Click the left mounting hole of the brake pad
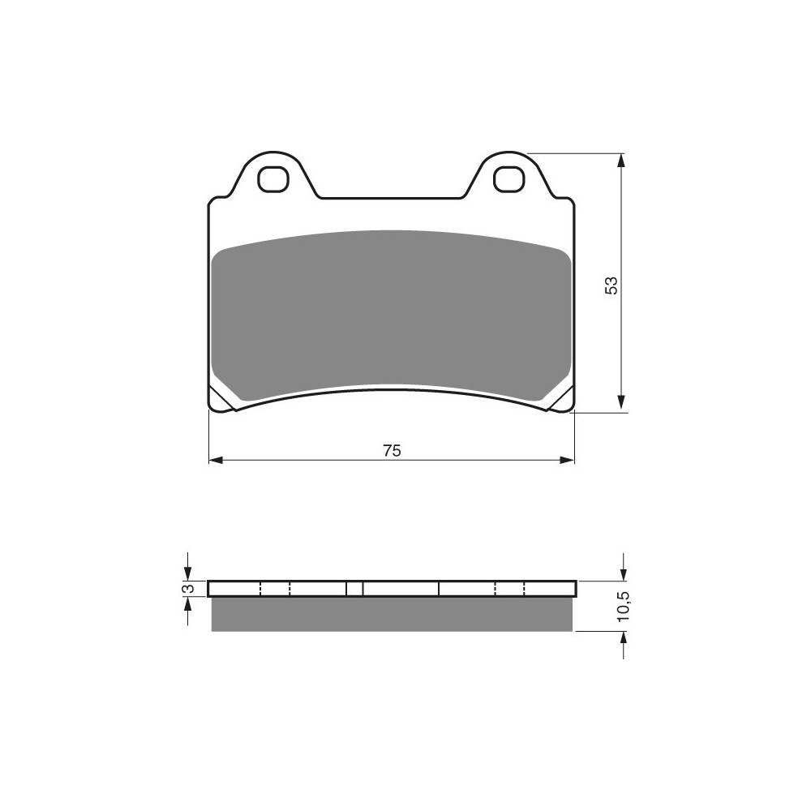[272, 179]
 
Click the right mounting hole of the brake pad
[508, 179]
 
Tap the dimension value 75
[392, 450]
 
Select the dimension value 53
[611, 285]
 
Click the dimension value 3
[190, 589]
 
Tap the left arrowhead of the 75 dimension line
[216, 461]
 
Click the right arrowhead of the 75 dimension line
[568, 461]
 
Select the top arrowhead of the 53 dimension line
[622, 161]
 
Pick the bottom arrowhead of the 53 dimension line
[622, 405]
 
